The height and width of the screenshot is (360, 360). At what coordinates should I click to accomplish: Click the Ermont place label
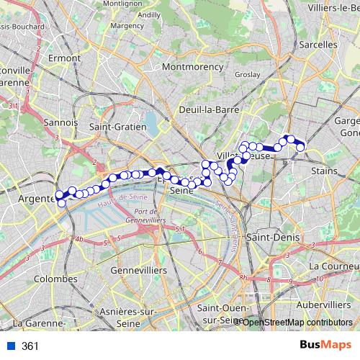(x=63, y=57)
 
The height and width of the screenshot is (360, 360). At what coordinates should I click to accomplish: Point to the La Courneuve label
(x=333, y=266)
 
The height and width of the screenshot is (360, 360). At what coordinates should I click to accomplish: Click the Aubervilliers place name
(x=323, y=305)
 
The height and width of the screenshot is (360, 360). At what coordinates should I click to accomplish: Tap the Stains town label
(x=326, y=171)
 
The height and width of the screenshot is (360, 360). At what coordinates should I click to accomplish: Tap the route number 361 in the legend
(x=30, y=346)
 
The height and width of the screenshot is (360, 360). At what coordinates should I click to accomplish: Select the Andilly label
(x=149, y=14)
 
